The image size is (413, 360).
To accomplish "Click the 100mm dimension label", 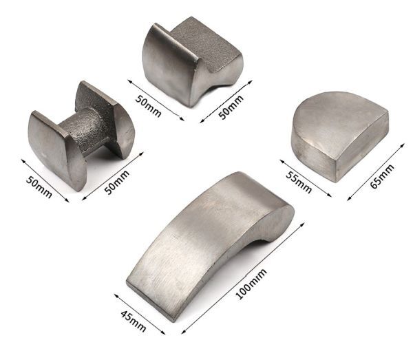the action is click(251, 284).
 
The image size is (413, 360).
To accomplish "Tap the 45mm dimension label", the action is click(134, 321).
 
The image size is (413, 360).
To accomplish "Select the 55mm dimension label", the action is click(299, 182).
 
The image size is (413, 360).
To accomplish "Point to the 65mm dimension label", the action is click(382, 176).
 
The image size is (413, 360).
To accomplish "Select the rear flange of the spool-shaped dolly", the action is click(105, 118).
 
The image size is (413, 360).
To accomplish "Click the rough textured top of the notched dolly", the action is click(204, 42).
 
